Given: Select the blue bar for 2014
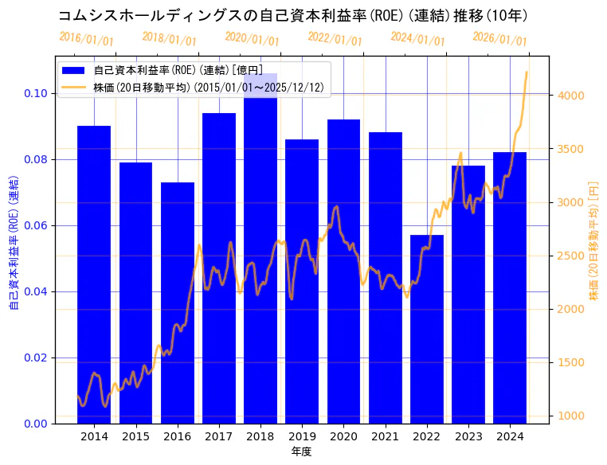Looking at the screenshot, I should tap(94, 275).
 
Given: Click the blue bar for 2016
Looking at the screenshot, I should tap(177, 303).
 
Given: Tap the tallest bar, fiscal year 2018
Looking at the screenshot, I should tap(260, 247).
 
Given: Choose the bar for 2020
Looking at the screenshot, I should tap(343, 271).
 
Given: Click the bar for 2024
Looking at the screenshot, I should tap(510, 287).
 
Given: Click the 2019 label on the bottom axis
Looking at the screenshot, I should tap(302, 436).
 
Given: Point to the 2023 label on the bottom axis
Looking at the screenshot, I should tap(468, 436).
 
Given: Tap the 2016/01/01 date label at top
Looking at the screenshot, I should tap(87, 39).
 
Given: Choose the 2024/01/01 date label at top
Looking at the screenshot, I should tap(417, 39).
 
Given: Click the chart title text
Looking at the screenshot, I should tap(292, 16).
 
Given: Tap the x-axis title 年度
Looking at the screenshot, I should tap(301, 451).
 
